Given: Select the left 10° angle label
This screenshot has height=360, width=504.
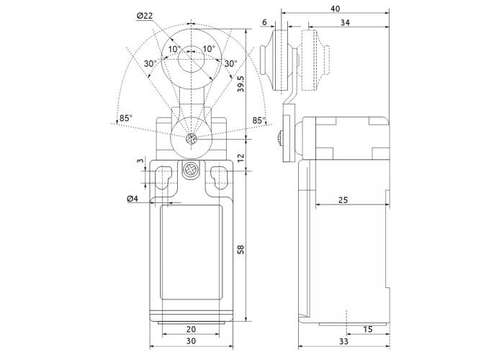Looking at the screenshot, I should pyautogui.click(x=174, y=49).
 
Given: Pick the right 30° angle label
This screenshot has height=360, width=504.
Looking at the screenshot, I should pyautogui.click(x=230, y=63).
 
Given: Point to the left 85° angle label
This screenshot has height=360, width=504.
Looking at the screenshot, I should pyautogui.click(x=125, y=118).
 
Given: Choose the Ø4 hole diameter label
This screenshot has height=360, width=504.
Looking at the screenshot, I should pyautogui.click(x=132, y=198).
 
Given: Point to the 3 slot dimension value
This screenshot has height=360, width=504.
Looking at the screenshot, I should pyautogui.click(x=140, y=163).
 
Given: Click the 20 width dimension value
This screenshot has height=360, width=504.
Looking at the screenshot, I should pyautogui.click(x=191, y=329).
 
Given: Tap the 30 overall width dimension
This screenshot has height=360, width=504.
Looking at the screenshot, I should pyautogui.click(x=191, y=341).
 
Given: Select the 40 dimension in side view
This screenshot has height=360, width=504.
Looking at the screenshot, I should pyautogui.click(x=336, y=9).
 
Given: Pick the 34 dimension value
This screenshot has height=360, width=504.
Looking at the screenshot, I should pyautogui.click(x=346, y=23).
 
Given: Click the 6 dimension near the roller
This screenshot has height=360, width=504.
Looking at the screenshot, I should pyautogui.click(x=266, y=23).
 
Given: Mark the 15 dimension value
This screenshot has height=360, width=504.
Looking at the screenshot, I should pyautogui.click(x=368, y=329).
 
